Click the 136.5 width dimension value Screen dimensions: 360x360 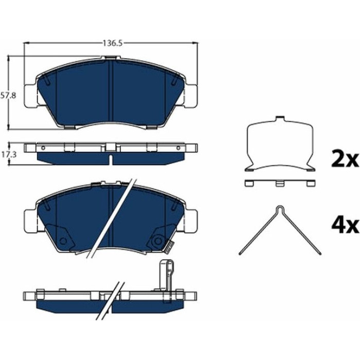coord(113,43)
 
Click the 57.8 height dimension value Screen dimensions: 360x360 coord(8,95)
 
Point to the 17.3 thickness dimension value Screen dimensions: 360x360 coord(9,154)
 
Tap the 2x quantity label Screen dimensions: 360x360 coord(345,158)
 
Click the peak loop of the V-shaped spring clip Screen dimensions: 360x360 coord(280,209)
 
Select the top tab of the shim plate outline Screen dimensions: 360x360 coord(280,118)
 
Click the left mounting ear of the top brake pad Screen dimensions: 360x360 coord(30,96)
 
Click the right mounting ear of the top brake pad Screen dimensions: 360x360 coord(191,96)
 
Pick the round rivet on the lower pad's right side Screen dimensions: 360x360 coord(158,241)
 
